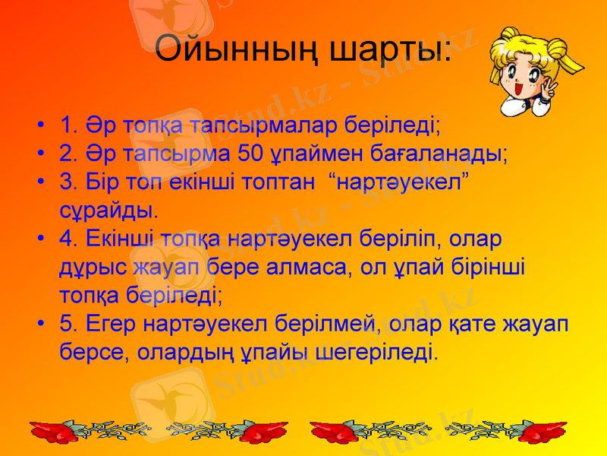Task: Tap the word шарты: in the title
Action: click(392, 51)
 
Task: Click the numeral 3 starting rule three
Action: click(66, 182)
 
